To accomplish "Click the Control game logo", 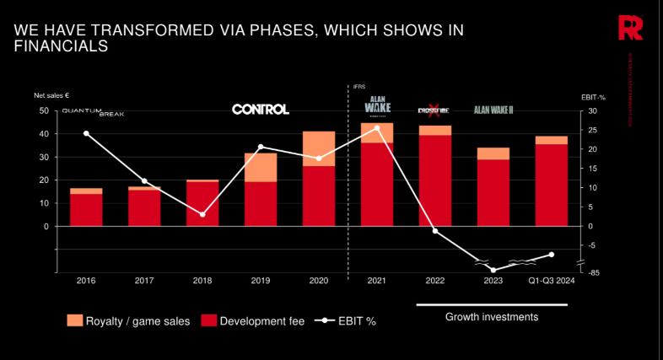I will (261, 109).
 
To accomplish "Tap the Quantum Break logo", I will (93, 112).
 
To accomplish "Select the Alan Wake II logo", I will (499, 110).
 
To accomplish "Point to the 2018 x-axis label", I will (202, 281).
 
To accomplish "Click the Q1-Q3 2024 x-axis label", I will (552, 281).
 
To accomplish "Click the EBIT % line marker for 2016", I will (86, 133).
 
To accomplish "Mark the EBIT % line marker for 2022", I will (435, 231).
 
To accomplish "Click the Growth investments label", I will (491, 317).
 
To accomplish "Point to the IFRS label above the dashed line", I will (358, 86).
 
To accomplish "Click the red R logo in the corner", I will (629, 28).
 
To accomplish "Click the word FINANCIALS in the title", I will (62, 47).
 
